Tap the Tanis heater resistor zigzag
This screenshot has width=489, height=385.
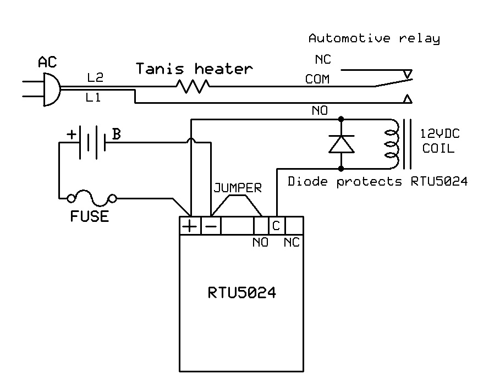click(x=192, y=86)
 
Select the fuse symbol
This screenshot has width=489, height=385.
click(x=91, y=198)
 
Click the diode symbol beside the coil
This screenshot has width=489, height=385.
click(x=341, y=143)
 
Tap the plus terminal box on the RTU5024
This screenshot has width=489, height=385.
click(x=189, y=226)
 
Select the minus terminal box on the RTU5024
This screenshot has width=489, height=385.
click(x=210, y=226)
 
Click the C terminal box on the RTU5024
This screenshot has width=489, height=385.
click(x=276, y=226)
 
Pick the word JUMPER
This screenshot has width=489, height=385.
click(x=237, y=188)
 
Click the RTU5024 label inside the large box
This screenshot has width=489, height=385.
click(x=241, y=293)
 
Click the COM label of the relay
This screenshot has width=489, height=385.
click(x=317, y=80)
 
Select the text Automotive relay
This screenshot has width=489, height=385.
click(x=374, y=38)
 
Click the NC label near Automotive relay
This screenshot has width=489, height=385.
click(x=323, y=59)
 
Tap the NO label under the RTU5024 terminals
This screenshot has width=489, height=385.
click(x=260, y=242)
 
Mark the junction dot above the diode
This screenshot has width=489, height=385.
click(x=341, y=118)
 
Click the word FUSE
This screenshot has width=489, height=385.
click(x=89, y=216)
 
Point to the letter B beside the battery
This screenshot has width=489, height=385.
click(x=117, y=134)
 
